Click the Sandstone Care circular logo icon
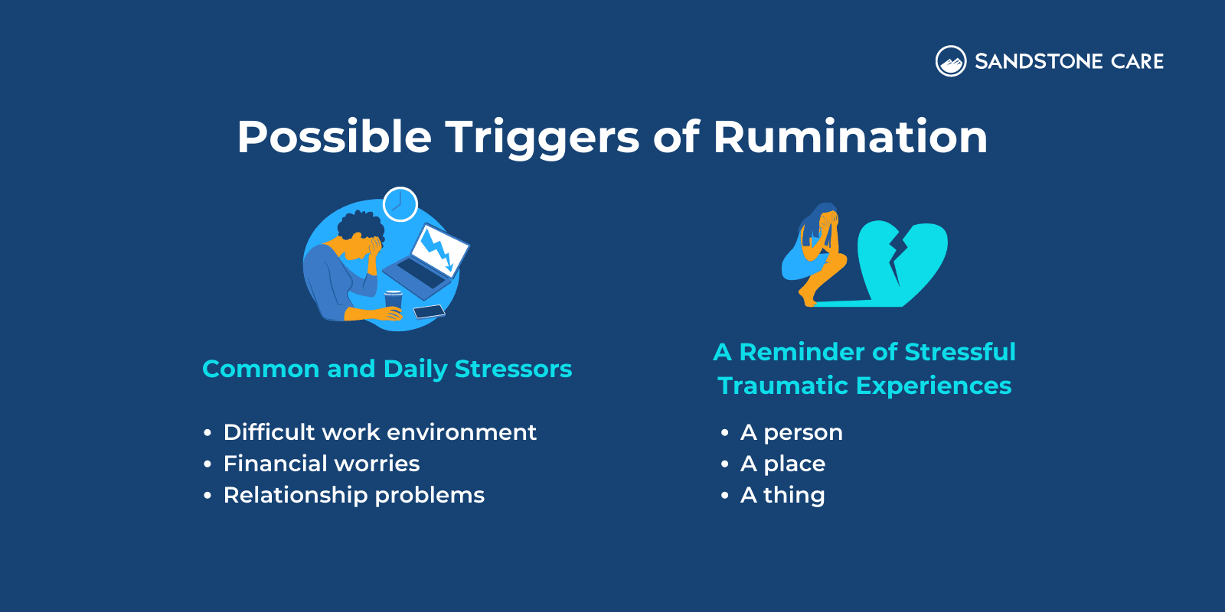pyautogui.click(x=951, y=61)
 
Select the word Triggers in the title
pyautogui.click(x=542, y=138)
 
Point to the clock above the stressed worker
pyautogui.click(x=400, y=204)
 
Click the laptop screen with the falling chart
pyautogui.click(x=439, y=249)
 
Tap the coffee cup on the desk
pyautogui.click(x=393, y=300)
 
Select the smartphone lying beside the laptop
pyautogui.click(x=429, y=311)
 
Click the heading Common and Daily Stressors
pyautogui.click(x=387, y=369)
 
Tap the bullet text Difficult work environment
pyautogui.click(x=380, y=432)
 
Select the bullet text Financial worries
pyautogui.click(x=322, y=464)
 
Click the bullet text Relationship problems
pyautogui.click(x=354, y=495)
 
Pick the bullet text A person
pyautogui.click(x=791, y=432)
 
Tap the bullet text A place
pyautogui.click(x=782, y=464)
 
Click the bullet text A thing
pyautogui.click(x=782, y=495)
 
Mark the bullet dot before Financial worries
pyautogui.click(x=207, y=464)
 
